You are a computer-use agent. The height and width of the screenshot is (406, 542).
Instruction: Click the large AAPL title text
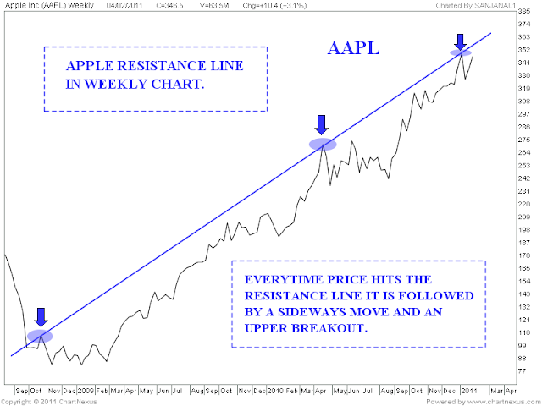click(353, 48)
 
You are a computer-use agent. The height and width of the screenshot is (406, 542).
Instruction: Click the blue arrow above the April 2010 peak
click(322, 125)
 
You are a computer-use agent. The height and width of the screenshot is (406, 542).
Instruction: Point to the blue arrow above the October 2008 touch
click(41, 317)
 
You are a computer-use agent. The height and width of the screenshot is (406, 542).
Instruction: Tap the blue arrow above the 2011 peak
click(460, 42)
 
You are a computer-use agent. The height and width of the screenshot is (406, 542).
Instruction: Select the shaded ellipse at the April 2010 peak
click(323, 144)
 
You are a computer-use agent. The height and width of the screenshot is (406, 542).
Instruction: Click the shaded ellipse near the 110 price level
click(40, 336)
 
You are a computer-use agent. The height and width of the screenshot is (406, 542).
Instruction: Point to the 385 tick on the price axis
click(524, 11)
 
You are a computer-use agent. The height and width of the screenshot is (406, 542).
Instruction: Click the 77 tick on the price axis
click(522, 371)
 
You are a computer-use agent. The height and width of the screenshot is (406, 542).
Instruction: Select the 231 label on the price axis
click(524, 191)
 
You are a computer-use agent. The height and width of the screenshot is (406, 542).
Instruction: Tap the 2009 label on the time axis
click(86, 391)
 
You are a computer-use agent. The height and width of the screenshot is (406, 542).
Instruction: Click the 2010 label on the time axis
click(275, 391)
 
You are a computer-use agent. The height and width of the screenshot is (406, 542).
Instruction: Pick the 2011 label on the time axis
click(469, 391)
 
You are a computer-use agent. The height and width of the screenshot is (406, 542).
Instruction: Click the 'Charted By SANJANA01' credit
click(476, 6)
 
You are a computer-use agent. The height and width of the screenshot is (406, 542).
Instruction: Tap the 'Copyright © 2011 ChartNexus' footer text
click(49, 402)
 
